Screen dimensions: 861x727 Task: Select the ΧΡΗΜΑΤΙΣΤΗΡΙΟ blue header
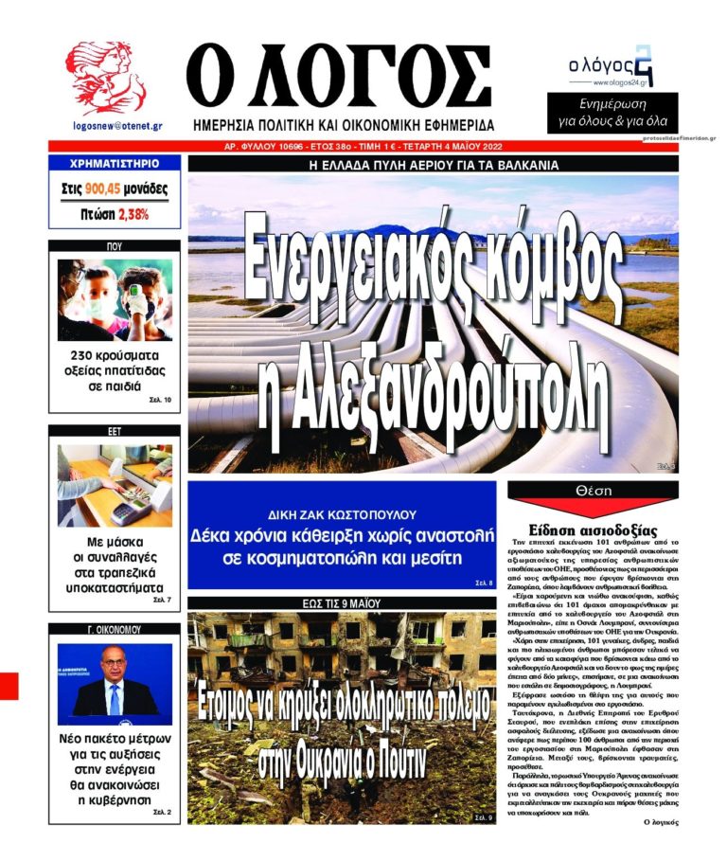tap(114, 163)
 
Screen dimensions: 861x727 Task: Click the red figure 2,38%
tap(133, 214)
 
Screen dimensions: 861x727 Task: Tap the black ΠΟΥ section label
tap(114, 245)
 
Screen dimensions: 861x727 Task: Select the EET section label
tap(114, 431)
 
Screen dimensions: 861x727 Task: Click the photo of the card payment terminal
tap(115, 485)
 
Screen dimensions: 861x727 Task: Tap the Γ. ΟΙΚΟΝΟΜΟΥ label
tap(114, 630)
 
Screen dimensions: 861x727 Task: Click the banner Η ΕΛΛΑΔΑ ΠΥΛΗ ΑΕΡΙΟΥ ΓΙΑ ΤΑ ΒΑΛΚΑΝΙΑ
tap(434, 164)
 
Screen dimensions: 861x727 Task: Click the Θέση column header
tap(593, 491)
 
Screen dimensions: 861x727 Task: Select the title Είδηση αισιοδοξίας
tap(593, 530)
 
